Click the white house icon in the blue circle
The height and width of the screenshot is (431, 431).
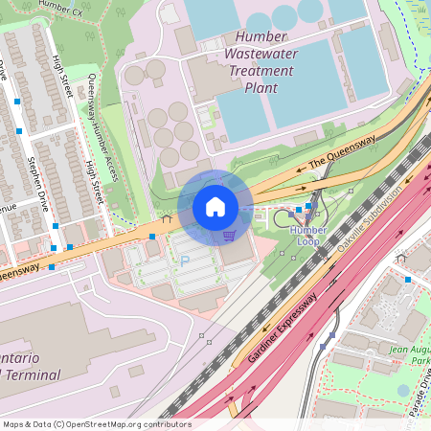click(215, 206)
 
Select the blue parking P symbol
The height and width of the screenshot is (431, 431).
click(185, 260)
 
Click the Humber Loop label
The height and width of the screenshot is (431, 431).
click(307, 236)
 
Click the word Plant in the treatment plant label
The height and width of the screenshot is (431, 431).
click(261, 88)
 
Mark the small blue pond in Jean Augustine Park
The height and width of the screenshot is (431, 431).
click(403, 390)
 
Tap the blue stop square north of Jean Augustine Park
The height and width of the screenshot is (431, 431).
click(408, 279)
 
